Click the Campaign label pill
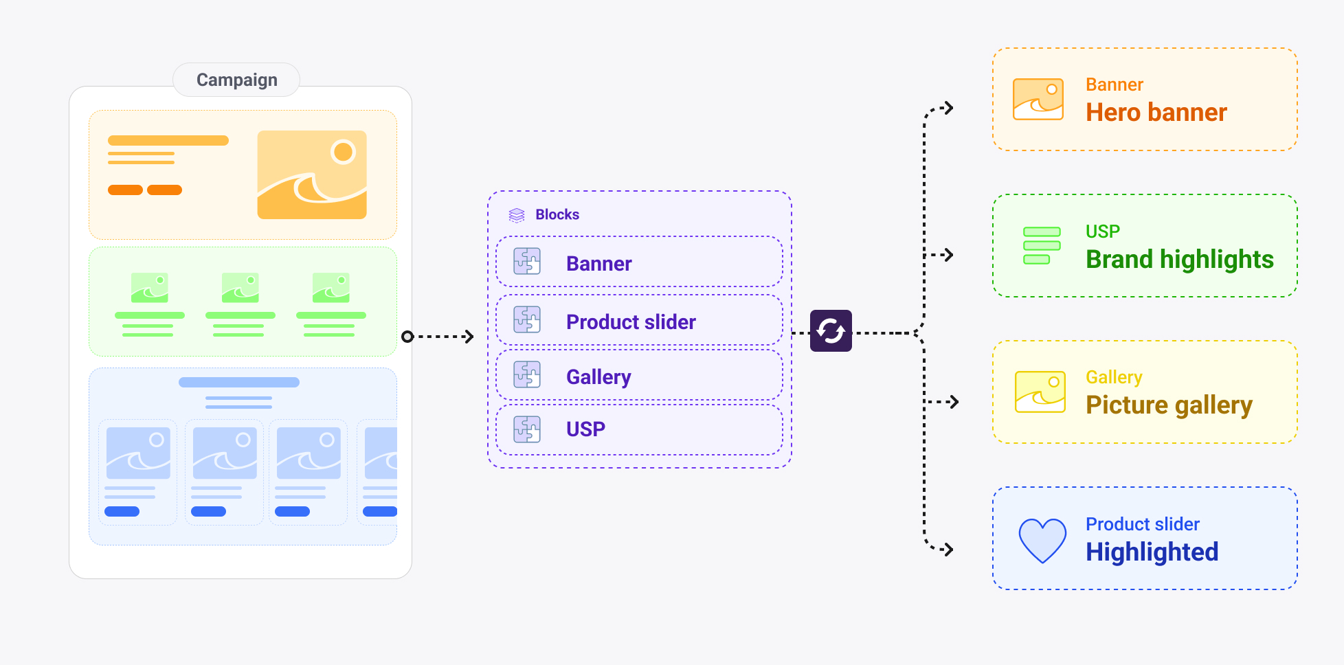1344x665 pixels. tap(236, 80)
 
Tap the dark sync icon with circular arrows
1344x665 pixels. tap(831, 331)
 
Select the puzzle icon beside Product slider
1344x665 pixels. tap(527, 320)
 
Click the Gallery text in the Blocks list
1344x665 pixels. tap(598, 376)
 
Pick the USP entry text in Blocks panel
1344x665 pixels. tap(585, 429)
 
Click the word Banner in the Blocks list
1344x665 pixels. tap(598, 264)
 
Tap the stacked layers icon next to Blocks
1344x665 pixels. tap(517, 215)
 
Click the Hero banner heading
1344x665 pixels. tap(1156, 113)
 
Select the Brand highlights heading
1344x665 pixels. tap(1179, 260)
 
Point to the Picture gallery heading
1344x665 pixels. tap(1168, 405)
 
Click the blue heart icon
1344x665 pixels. tap(1042, 540)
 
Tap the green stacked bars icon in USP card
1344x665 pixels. tap(1042, 245)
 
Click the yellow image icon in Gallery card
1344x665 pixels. tap(1040, 392)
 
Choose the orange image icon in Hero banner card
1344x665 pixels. tap(1038, 99)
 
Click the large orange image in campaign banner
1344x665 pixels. tap(312, 175)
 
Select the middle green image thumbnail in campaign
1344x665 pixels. tap(240, 288)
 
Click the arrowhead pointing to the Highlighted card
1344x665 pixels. tap(948, 549)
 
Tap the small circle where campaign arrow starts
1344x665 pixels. tap(407, 337)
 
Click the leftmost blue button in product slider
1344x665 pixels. tap(122, 511)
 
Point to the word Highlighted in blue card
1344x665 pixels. tap(1152, 552)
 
